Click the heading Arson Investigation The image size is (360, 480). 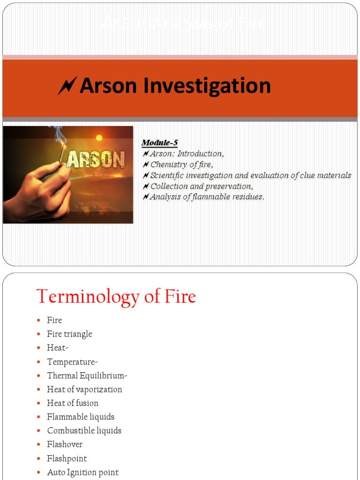pyautogui.click(x=175, y=86)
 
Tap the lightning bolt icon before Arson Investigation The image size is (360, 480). pyautogui.click(x=67, y=86)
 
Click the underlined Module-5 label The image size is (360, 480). pyautogui.click(x=160, y=142)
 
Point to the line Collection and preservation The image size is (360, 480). pyautogui.click(x=202, y=186)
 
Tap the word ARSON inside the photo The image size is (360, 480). pyautogui.click(x=96, y=160)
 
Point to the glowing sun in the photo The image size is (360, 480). pyautogui.click(x=99, y=138)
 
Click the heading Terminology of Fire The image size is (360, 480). pyautogui.click(x=116, y=297)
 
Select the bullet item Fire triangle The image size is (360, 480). pyautogui.click(x=69, y=334)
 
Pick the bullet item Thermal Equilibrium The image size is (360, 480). pyautogui.click(x=87, y=376)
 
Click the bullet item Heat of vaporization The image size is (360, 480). pyautogui.click(x=84, y=390)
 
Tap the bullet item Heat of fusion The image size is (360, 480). pyautogui.click(x=73, y=403)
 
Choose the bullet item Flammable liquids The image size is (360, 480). pyautogui.click(x=81, y=417)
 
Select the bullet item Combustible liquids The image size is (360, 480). pyautogui.click(x=84, y=431)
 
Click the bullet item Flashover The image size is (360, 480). pyautogui.click(x=65, y=444)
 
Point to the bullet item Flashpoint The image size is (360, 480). pyautogui.click(x=67, y=458)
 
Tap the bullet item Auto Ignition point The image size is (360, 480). pyautogui.click(x=82, y=472)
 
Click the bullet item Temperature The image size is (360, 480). pyautogui.click(x=72, y=362)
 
